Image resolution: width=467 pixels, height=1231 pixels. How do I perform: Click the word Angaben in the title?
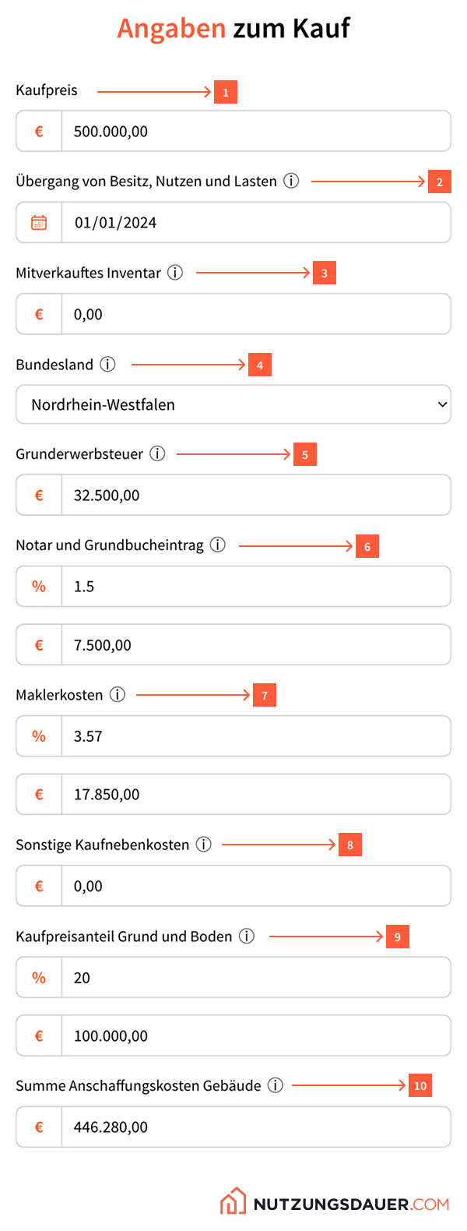coord(171,29)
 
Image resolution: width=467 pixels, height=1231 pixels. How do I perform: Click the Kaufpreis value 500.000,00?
coord(111,132)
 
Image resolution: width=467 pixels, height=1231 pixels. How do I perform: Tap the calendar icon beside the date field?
coord(39,223)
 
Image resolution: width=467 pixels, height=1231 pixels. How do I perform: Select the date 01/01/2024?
coord(115,223)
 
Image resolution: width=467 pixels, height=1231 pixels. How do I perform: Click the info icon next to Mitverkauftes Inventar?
coord(176,273)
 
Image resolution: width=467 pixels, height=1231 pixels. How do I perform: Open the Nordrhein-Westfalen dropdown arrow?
coord(442,404)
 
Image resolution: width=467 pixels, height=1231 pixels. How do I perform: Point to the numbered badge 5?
coord(305,455)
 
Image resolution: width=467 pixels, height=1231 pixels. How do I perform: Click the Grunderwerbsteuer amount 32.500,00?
coord(107,496)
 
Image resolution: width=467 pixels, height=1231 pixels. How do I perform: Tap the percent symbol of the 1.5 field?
coord(39,587)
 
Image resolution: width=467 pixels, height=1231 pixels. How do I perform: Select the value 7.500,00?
coord(103,645)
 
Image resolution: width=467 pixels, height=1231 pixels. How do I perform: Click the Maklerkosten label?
coord(59,695)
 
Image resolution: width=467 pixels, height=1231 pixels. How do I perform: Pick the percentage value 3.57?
coord(88,736)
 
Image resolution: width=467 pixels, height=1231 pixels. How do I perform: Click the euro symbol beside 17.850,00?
coord(39,795)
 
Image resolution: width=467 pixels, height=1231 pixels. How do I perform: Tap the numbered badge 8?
coord(350,845)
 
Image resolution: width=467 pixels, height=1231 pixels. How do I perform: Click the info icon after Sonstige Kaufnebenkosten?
coord(204,845)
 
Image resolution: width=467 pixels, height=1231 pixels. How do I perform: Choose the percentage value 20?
coord(82,978)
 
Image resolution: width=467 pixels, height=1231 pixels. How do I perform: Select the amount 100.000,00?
coord(111,1036)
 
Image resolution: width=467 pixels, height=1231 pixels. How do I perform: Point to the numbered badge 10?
coord(420,1086)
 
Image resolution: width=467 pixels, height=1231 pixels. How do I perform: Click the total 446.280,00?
coord(111,1127)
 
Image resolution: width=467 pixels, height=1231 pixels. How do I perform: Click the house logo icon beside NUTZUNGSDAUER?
coord(233,1202)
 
